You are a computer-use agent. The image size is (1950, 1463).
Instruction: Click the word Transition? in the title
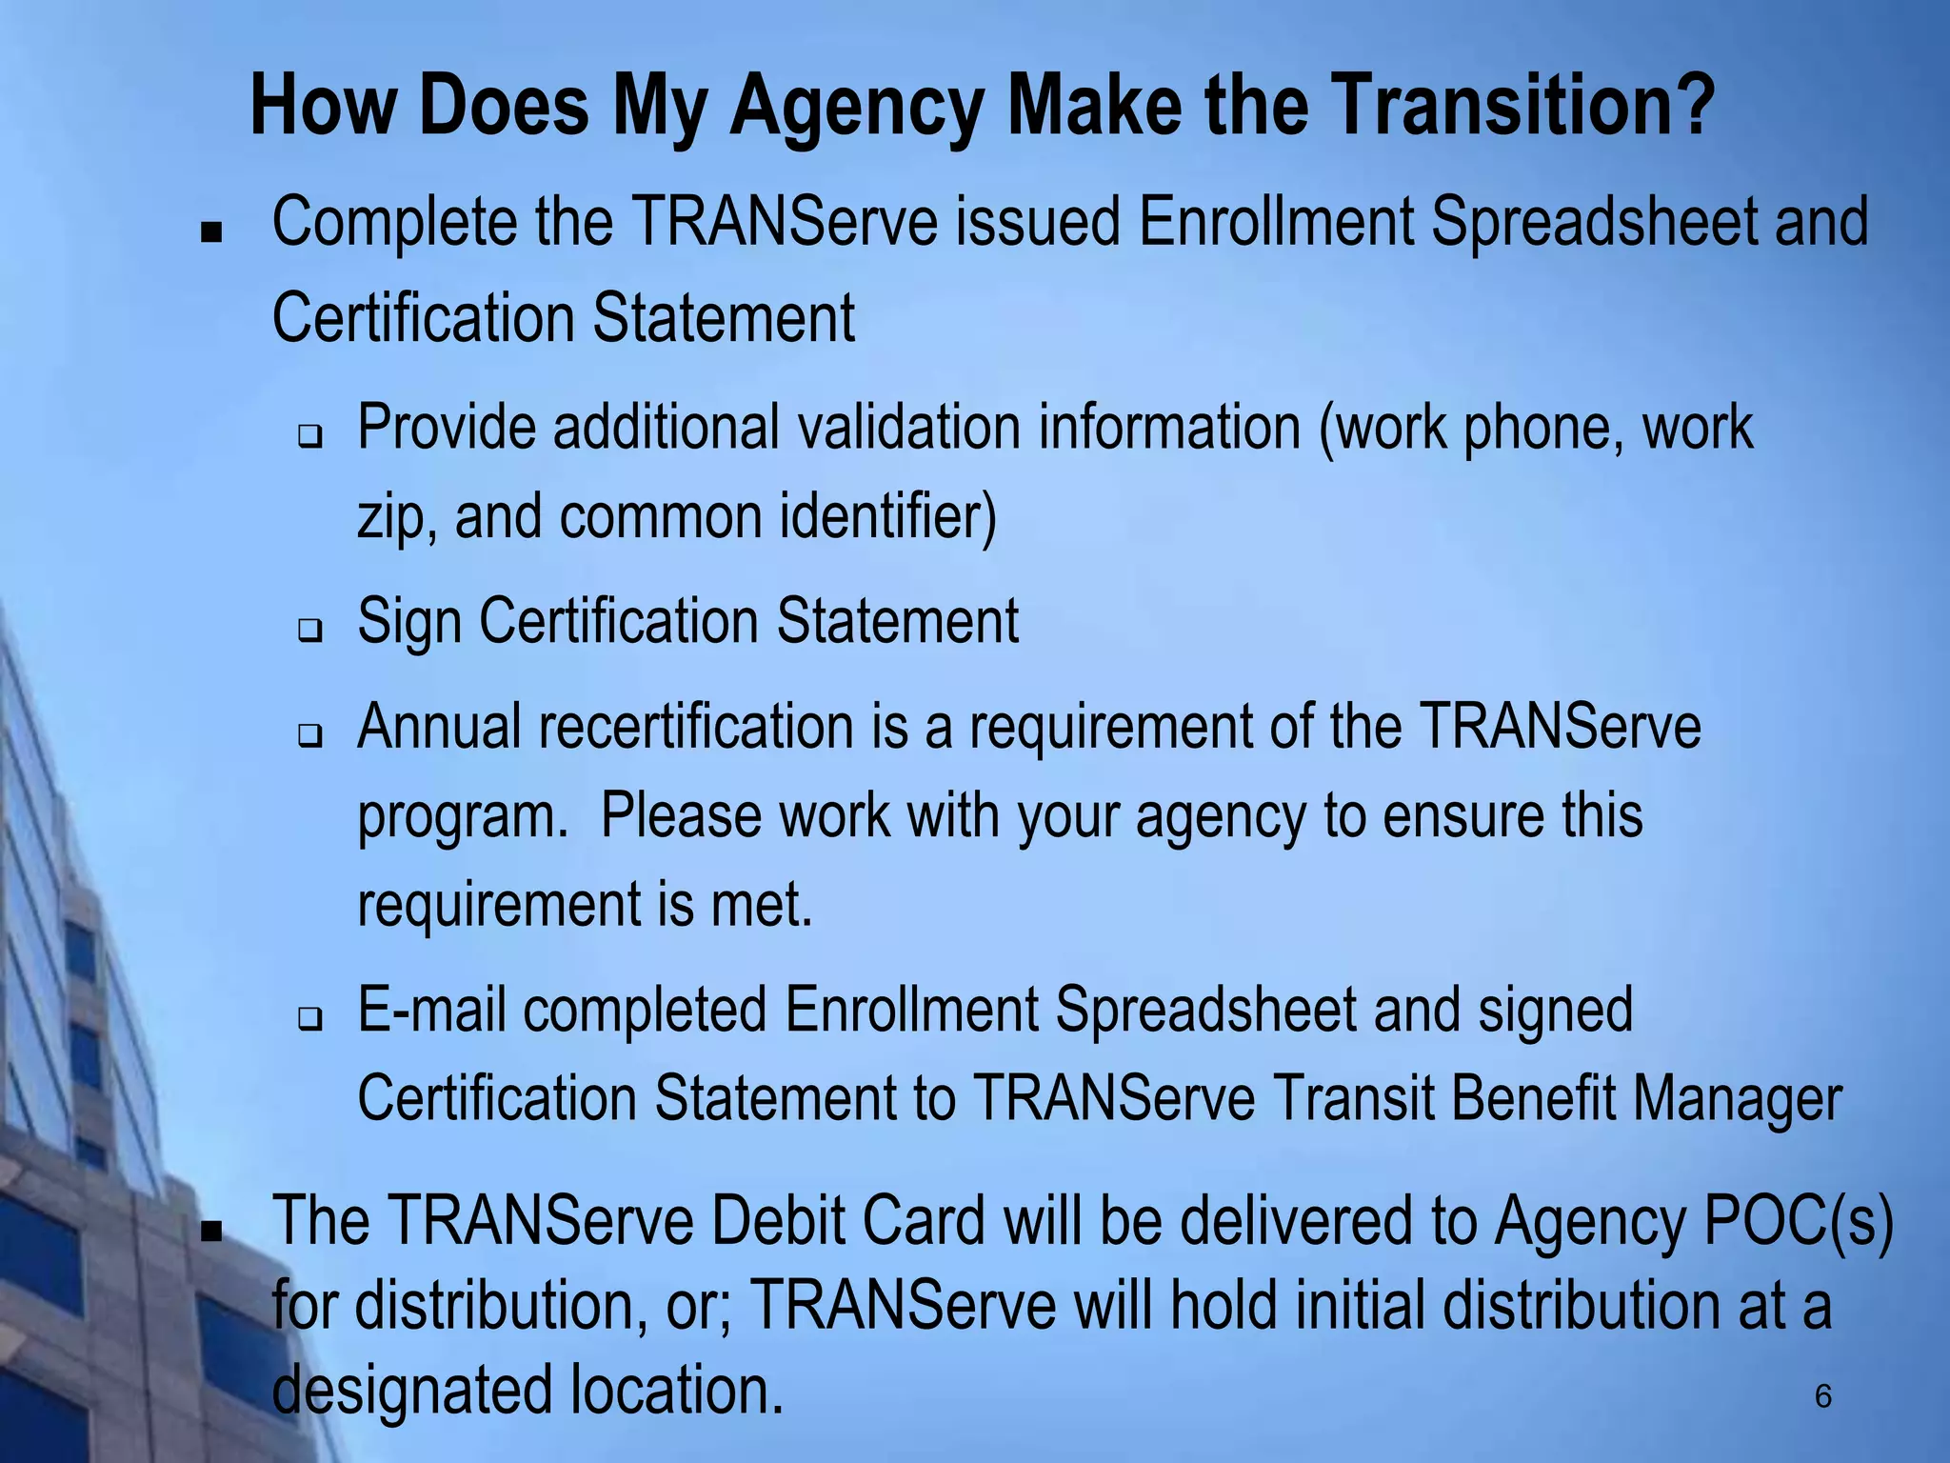coord(1523,107)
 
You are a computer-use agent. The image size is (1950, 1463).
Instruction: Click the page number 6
coord(1822,1396)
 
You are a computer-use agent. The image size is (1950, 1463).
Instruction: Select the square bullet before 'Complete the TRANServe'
coord(211,231)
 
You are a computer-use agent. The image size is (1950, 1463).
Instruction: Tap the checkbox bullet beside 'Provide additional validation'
coord(310,437)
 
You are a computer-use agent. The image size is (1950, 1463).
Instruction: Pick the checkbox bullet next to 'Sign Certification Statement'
coord(310,630)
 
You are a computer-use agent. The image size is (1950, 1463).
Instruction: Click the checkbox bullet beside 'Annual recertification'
coord(310,735)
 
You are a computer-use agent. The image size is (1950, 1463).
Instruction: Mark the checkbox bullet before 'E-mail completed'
coord(310,1020)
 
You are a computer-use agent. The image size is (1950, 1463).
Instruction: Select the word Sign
coord(409,621)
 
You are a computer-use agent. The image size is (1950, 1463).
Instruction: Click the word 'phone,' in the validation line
coord(1542,429)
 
